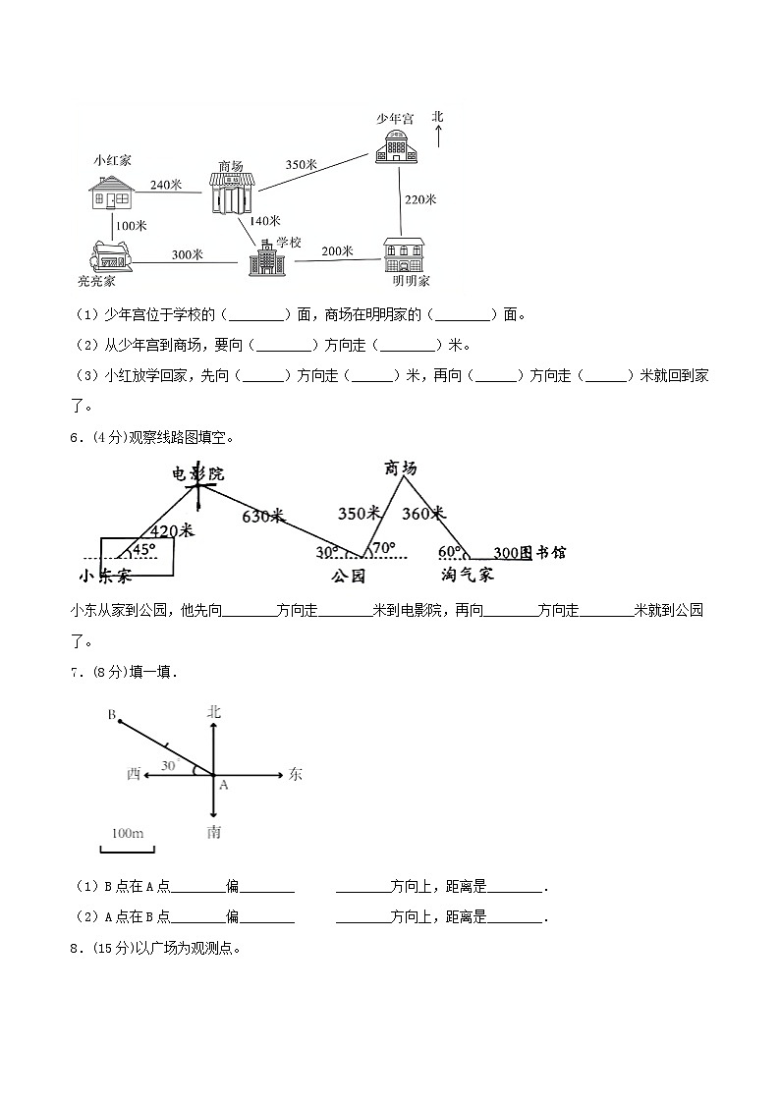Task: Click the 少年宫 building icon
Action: (x=396, y=145)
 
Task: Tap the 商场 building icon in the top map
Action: (x=232, y=192)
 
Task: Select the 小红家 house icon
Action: (x=110, y=193)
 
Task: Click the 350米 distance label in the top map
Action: (x=301, y=165)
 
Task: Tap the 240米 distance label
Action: (x=166, y=184)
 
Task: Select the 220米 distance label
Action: (x=419, y=199)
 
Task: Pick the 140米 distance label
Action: (x=264, y=221)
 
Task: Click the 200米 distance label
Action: (x=337, y=250)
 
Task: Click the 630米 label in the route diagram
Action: (x=261, y=516)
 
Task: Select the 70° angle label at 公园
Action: (x=383, y=548)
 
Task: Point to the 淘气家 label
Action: (x=468, y=574)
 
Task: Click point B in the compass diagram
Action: (x=118, y=722)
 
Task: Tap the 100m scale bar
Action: (x=128, y=846)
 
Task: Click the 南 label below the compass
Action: (x=214, y=833)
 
